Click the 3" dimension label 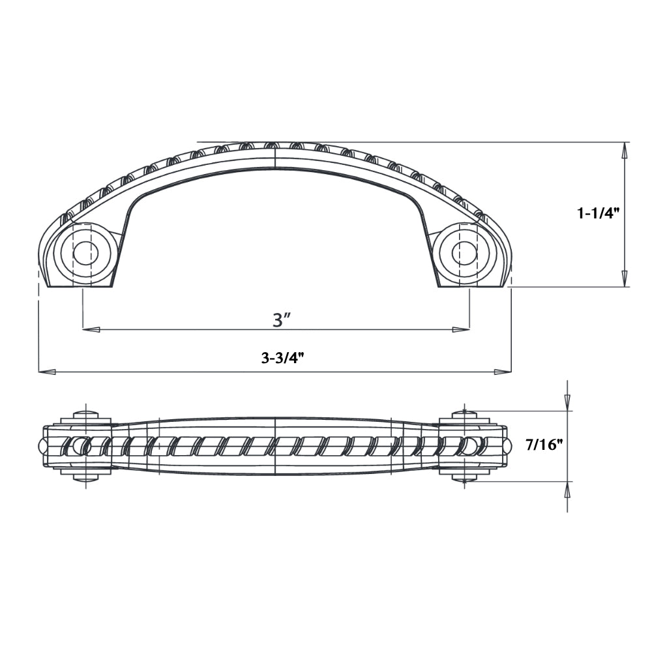281,319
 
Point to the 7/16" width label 544,445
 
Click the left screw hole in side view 85,252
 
